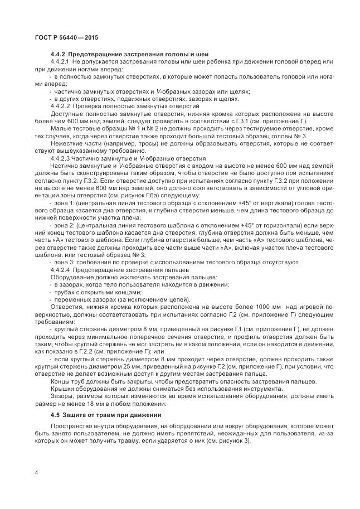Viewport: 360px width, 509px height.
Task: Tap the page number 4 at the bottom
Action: pyautogui.click(x=36, y=473)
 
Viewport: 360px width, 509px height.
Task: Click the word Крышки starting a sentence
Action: pyautogui.click(x=63, y=389)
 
